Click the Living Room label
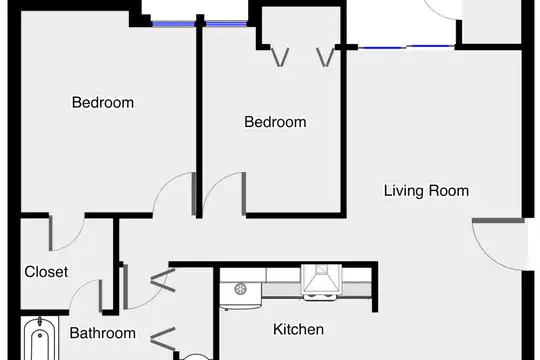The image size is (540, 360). pyautogui.click(x=426, y=191)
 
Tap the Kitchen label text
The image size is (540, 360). pyautogui.click(x=299, y=329)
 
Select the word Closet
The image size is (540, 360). pyautogui.click(x=46, y=272)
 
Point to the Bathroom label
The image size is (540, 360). pyautogui.click(x=103, y=333)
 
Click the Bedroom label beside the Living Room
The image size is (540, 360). pyautogui.click(x=275, y=122)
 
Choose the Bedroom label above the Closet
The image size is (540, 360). pyautogui.click(x=103, y=103)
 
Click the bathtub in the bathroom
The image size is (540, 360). pyautogui.click(x=40, y=339)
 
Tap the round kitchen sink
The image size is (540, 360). pyautogui.click(x=240, y=289)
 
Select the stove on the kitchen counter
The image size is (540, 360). pyautogui.click(x=321, y=282)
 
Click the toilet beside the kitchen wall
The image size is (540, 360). pyautogui.click(x=195, y=357)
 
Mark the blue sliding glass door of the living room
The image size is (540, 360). pyautogui.click(x=407, y=47)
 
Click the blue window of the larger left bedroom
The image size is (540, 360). pyautogui.click(x=174, y=24)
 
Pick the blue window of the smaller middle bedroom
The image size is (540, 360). pyautogui.click(x=226, y=24)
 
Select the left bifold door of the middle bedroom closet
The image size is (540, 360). pyautogui.click(x=280, y=57)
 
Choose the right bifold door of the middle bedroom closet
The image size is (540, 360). pyautogui.click(x=326, y=57)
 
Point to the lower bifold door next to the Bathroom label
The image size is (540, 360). pyautogui.click(x=163, y=339)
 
